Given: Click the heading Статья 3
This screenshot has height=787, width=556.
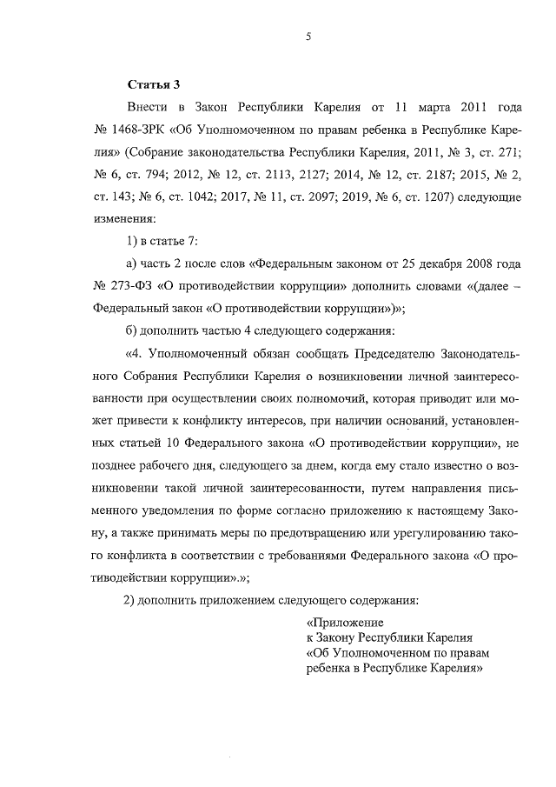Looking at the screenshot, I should click(x=154, y=85).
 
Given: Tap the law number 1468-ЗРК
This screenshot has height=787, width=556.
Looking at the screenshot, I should click(x=140, y=130).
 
